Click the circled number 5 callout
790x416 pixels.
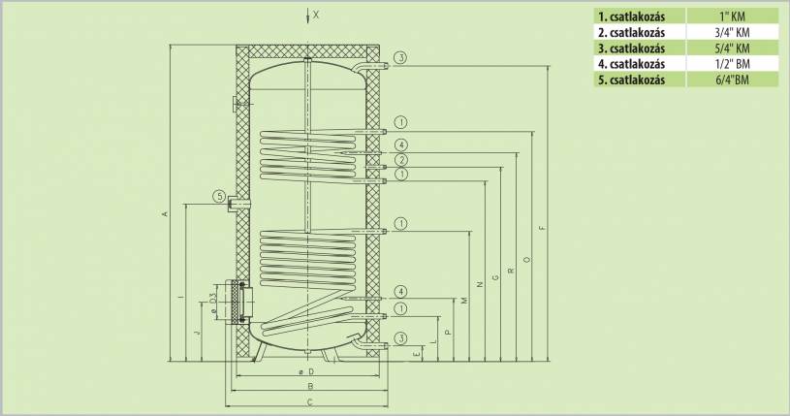coord(219,196)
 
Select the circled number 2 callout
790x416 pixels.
coord(401,160)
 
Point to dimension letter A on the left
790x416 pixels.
coord(164,214)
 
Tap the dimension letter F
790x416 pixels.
coord(542,228)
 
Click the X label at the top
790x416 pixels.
coord(316,16)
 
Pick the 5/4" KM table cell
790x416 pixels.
coord(732,48)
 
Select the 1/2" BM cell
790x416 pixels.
coord(732,64)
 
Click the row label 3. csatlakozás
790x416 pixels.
coord(631,48)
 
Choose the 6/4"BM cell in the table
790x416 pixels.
coord(732,80)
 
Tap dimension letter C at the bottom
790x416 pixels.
coord(310,401)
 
